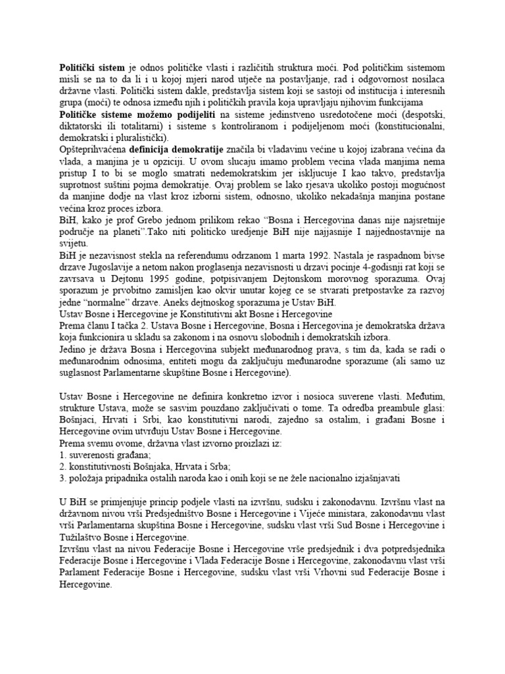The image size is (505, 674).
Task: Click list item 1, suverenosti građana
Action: pyautogui.click(x=95, y=455)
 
